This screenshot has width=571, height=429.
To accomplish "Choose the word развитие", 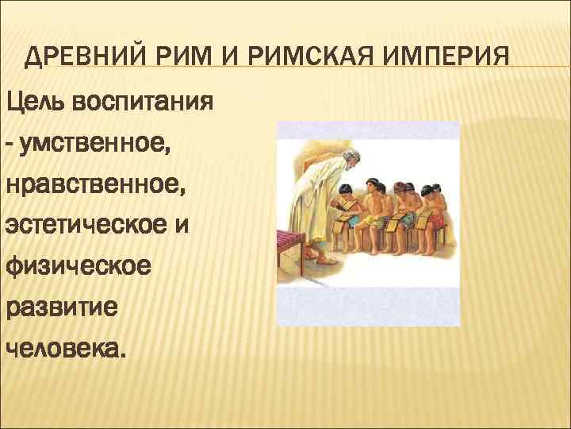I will pos(62,307).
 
